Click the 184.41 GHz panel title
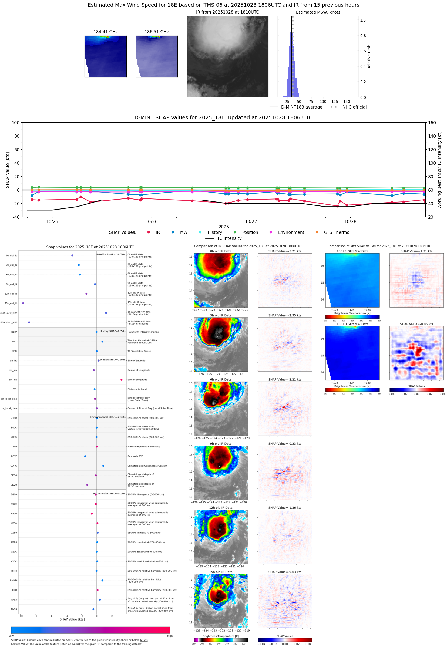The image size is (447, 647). [x=105, y=32]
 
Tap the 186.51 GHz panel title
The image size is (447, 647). [x=156, y=32]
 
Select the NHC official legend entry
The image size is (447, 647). [x=354, y=107]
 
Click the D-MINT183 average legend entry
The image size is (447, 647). [x=301, y=107]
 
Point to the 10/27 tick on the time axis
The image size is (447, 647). [x=251, y=221]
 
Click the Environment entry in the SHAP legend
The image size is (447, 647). [x=291, y=232]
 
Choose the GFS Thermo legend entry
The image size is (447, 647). [x=336, y=232]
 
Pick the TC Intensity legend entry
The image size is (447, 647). [x=229, y=238]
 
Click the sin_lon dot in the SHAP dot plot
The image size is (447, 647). [x=121, y=380]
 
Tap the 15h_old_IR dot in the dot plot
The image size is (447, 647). [x=23, y=303]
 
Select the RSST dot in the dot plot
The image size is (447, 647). [x=85, y=456]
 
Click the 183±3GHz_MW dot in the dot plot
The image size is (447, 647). [x=29, y=322]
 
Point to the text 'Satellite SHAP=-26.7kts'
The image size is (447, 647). [x=111, y=254]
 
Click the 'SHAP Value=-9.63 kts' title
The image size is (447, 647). [x=285, y=572]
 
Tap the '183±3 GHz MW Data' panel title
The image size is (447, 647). [x=352, y=324]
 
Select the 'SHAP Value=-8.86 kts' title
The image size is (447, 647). [x=416, y=324]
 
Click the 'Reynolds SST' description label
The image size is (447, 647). [x=135, y=456]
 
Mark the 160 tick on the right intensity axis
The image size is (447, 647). [x=432, y=123]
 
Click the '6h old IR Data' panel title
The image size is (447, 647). [x=221, y=380]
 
